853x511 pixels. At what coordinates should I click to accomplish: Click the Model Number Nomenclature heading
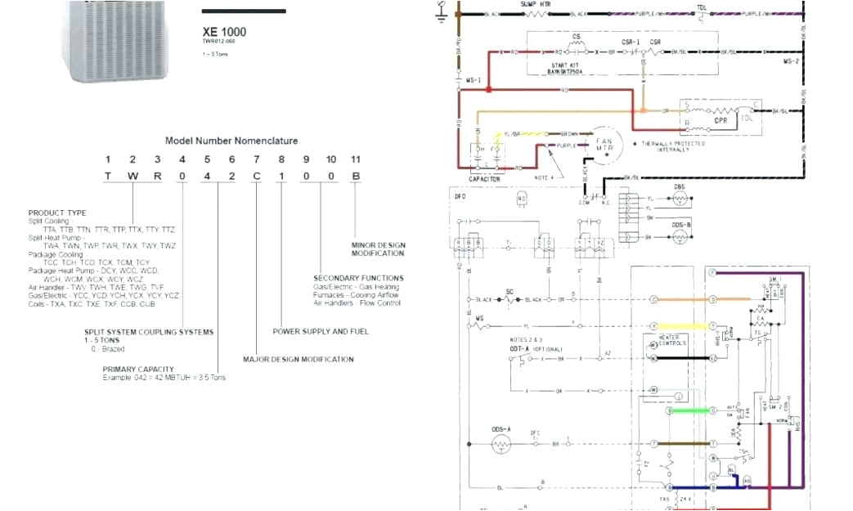[x=231, y=141]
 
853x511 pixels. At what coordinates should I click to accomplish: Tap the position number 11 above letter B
[x=355, y=159]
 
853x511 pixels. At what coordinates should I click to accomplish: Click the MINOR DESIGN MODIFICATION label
[x=378, y=249]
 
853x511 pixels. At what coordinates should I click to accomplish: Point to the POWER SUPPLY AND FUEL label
[x=321, y=331]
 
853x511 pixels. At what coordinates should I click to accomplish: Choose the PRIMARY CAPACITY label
[x=138, y=370]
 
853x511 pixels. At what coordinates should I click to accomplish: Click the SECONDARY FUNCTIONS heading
[x=358, y=278]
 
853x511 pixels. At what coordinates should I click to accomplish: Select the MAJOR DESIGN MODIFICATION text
[x=299, y=359]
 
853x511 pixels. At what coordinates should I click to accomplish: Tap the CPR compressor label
[x=721, y=120]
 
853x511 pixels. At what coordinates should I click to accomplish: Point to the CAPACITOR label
[x=484, y=178]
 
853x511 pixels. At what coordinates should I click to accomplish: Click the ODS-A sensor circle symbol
[x=501, y=444]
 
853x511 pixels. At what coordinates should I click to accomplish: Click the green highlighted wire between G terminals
[x=690, y=410]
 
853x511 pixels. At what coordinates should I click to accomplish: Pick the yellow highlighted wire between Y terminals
[x=690, y=325]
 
